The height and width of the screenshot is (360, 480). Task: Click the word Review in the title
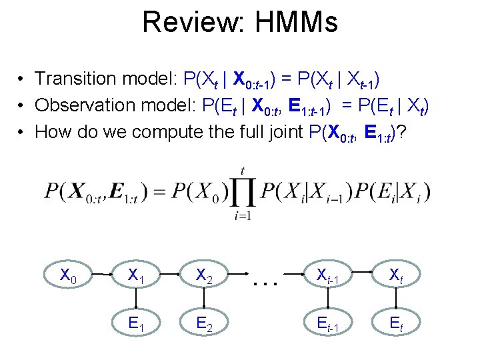183,21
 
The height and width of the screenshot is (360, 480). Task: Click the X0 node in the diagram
69,275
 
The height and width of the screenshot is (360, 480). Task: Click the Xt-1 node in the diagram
329,275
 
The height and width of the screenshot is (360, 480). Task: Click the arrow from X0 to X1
102,273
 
